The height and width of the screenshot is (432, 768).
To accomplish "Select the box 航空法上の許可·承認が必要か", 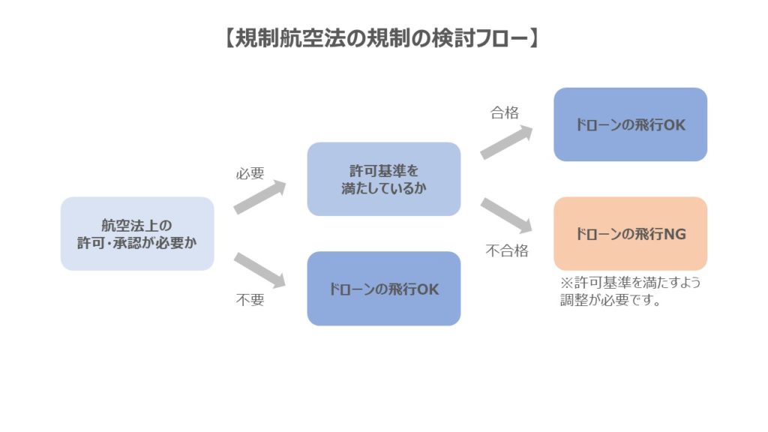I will pos(137,233).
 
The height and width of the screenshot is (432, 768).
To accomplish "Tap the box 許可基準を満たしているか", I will pos(383,179).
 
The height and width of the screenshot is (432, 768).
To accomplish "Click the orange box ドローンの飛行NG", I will pos(630,233).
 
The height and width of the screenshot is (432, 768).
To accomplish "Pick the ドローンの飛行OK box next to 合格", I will pos(630,124).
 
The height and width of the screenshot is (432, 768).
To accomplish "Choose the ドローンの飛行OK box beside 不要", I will pos(383,288).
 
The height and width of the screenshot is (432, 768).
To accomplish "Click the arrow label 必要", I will pos(250,173).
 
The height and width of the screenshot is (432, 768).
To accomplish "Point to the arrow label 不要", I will pos(250,300).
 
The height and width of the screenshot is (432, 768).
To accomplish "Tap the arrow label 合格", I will pos(505,113).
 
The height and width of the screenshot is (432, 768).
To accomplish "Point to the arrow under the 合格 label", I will pos(506,142).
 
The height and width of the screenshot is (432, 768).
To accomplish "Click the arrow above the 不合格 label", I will pos(506,215).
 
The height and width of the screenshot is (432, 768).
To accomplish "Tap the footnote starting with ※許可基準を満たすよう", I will pos(634,283).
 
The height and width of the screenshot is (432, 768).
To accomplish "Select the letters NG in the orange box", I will pos(675,234).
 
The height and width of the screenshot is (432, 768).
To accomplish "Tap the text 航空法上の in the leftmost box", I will pos(136,225).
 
